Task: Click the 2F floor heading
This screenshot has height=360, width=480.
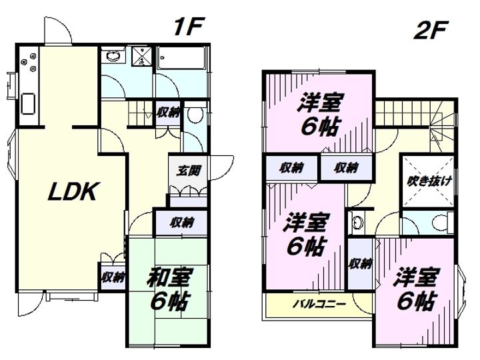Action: pos(431,30)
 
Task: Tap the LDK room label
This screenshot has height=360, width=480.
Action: pos(74,191)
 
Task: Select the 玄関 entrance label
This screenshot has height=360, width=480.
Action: pos(188,171)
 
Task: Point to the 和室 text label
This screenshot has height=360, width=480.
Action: pos(170,277)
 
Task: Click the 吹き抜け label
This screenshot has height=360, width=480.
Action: pos(429,181)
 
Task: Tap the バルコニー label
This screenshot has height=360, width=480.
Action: pos(319,304)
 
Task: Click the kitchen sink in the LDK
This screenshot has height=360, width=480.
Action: pos(28,104)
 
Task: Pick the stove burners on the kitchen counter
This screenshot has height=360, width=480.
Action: pos(29,62)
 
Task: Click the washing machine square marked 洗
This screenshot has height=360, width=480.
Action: pos(142,56)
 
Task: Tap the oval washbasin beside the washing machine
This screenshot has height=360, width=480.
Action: pos(113,56)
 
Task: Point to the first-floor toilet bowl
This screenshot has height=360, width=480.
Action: pos(195,115)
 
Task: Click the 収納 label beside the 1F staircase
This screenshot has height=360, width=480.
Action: pos(168,113)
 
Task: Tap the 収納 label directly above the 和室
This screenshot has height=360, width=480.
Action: pos(182,222)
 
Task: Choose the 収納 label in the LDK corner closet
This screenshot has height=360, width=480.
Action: pos(113,277)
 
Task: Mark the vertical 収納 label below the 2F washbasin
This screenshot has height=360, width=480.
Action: pos(360,263)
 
